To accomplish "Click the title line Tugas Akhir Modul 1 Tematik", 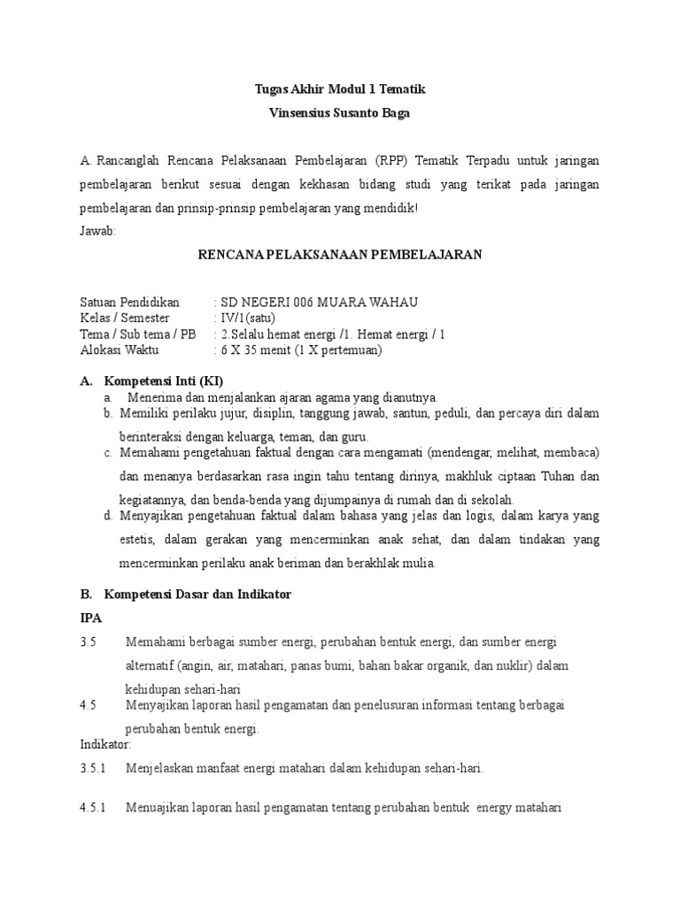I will pos(339,89).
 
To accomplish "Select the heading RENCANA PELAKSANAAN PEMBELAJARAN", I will pos(339,254).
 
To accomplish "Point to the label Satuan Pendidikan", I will pos(129,303).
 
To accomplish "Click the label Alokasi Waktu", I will pos(121,350).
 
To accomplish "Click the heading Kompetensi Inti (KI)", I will pos(163,380).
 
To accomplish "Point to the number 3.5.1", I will pos(93,769).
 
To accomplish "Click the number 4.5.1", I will pos(93,808).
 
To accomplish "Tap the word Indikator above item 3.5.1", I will pos(104,744).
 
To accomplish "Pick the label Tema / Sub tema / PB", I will pos(138,334).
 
